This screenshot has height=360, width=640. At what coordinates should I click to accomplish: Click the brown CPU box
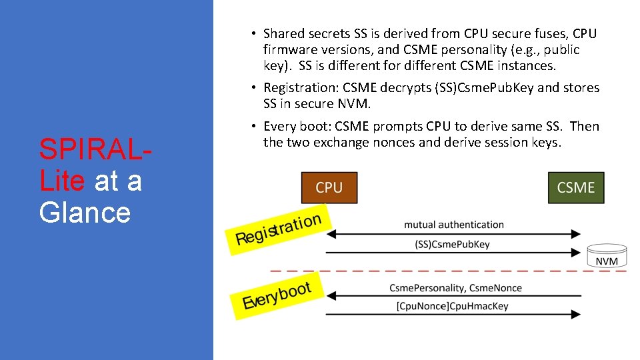coord(329,187)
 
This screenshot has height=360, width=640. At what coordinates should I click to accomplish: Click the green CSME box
coord(576,187)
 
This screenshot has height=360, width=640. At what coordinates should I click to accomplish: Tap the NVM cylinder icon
coord(606,256)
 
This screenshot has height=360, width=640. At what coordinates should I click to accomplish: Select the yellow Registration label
coord(279,229)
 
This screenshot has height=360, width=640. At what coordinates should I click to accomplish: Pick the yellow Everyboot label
coord(277,295)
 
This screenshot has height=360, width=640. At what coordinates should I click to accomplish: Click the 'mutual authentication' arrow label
coord(453,225)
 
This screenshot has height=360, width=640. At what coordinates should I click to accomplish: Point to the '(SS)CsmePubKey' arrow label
coord(452,244)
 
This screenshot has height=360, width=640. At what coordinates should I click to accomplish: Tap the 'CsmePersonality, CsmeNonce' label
coord(455,288)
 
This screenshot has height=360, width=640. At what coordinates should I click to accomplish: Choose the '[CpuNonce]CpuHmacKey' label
coord(452,306)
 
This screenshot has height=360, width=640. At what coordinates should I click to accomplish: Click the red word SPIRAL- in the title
coord(94,149)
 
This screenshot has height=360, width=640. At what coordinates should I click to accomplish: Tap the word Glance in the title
coord(85,212)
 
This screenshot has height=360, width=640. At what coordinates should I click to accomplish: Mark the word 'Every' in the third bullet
coord(279,127)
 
